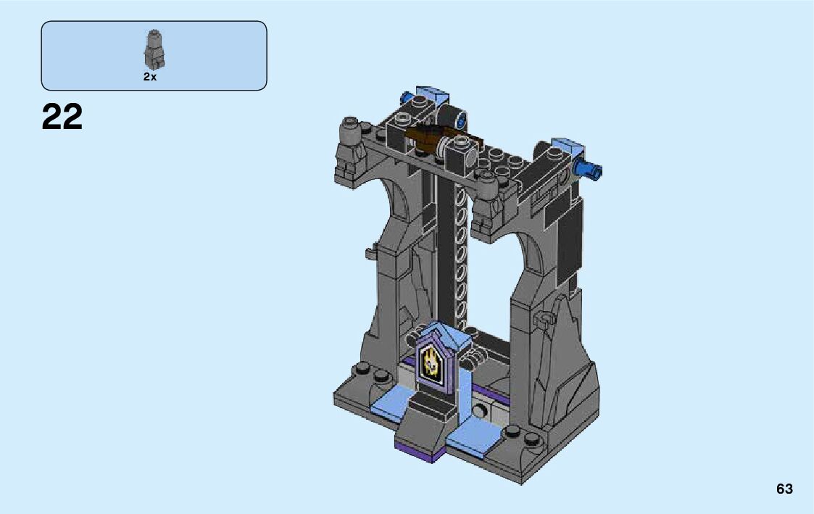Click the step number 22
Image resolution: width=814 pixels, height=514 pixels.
pos(62,117)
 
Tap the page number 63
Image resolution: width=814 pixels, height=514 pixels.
pos(784,489)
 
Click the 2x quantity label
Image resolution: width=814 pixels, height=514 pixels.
pos(150,77)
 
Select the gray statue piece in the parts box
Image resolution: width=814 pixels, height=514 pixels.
pos(154,50)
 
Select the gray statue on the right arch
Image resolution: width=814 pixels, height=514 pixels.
pos(488,200)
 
